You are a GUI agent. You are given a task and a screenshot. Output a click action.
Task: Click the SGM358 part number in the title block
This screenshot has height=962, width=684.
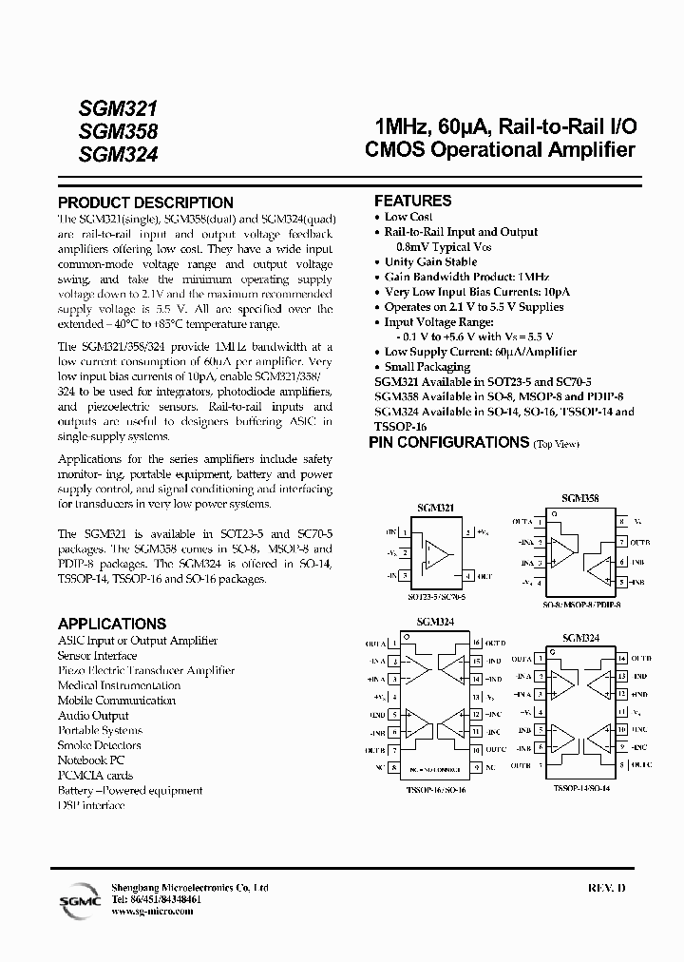click(x=118, y=131)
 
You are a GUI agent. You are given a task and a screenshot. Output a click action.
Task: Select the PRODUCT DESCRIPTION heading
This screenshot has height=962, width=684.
click(x=145, y=202)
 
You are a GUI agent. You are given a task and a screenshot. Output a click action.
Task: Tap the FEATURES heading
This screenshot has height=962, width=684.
click(x=412, y=201)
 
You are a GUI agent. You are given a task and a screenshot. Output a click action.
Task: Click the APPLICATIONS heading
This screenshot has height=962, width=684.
click(x=112, y=624)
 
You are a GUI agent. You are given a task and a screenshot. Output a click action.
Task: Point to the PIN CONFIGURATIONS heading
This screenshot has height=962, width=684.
click(x=448, y=442)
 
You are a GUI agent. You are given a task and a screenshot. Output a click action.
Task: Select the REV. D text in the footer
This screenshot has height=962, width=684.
click(x=608, y=888)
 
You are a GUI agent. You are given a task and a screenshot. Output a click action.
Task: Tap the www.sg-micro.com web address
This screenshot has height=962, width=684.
click(x=152, y=911)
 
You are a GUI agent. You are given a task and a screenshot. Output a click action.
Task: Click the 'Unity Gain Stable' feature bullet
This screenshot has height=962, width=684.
click(x=430, y=261)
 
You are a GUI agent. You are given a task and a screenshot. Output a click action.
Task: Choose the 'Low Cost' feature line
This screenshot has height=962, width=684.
click(x=408, y=217)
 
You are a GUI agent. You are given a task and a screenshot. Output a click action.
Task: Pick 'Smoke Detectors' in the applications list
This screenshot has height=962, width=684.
click(x=99, y=745)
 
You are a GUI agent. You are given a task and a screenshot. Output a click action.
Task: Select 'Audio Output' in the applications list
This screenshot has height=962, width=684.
click(x=93, y=715)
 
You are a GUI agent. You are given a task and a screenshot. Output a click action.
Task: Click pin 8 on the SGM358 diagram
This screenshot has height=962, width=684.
click(x=621, y=522)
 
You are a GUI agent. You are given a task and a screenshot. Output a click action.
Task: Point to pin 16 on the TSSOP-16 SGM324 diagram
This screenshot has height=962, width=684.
click(x=476, y=643)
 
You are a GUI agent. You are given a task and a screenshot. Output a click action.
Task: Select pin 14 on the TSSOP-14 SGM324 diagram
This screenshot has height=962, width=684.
click(x=621, y=658)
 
